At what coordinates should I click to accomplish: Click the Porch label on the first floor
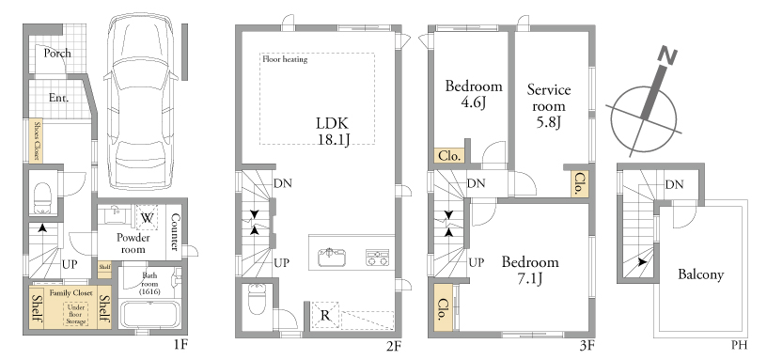coord(57,53)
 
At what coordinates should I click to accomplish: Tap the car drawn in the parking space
coord(140,102)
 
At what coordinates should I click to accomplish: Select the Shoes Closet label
coord(37,141)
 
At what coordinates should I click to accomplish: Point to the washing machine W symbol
coord(147,217)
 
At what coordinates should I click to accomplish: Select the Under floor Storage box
coord(76,314)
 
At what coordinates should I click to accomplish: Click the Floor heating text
coord(285,59)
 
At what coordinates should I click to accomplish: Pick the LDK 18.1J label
coord(333,131)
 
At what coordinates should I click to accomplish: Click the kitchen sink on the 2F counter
coord(332,258)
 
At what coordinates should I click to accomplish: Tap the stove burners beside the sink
coord(377,258)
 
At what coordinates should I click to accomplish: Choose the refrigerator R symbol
coord(325,316)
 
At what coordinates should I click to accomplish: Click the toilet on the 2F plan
coord(257,298)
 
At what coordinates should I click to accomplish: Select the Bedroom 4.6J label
coord(474,94)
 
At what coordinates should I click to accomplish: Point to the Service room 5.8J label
coord(549,105)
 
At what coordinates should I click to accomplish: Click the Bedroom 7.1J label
coord(530,270)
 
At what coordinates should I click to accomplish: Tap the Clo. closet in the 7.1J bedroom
coord(443,309)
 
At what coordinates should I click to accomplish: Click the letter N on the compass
coord(668,55)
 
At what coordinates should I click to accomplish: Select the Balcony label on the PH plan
coord(700,274)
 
